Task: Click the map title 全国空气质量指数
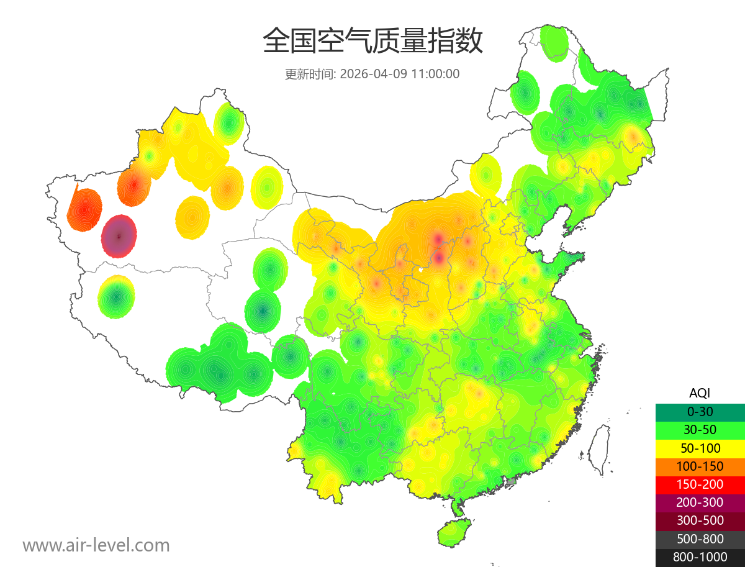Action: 372,42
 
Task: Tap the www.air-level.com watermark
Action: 96,545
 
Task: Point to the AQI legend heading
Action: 700,392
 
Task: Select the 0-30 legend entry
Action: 700,412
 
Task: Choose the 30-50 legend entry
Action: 700,430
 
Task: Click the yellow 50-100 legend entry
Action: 700,448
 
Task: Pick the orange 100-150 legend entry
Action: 700,466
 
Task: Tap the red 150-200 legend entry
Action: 700,484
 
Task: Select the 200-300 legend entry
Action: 700,502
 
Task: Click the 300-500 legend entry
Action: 700,520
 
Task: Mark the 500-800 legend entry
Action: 700,539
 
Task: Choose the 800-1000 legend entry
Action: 700,557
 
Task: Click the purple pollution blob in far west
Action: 119,236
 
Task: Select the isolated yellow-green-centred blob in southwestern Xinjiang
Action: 116,297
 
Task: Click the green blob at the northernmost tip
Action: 554,42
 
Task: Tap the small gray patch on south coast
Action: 511,481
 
